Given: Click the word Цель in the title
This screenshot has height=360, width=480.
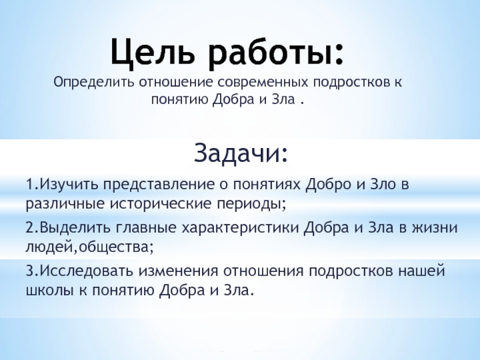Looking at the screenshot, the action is click(x=153, y=53).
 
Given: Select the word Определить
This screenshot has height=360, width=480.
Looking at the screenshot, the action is click(x=94, y=82).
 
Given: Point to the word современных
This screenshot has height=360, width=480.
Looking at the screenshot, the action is click(x=263, y=82).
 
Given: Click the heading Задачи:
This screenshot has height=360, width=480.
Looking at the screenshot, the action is click(x=241, y=152).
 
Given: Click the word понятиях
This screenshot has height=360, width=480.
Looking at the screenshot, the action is click(x=268, y=185).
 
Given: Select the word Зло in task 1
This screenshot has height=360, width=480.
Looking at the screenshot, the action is click(x=383, y=184).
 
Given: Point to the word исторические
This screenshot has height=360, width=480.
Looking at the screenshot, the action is click(x=161, y=204).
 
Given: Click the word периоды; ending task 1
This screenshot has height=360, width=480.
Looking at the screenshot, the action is click(x=251, y=204).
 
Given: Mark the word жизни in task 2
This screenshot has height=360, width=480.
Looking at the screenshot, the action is click(x=434, y=228).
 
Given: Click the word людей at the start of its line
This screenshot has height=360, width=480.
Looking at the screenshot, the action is click(x=50, y=247).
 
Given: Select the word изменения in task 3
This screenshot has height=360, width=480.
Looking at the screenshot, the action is click(x=178, y=271).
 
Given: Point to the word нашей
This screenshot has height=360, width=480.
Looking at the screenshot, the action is click(x=421, y=271).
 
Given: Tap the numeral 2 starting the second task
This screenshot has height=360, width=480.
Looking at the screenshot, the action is click(x=29, y=228).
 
